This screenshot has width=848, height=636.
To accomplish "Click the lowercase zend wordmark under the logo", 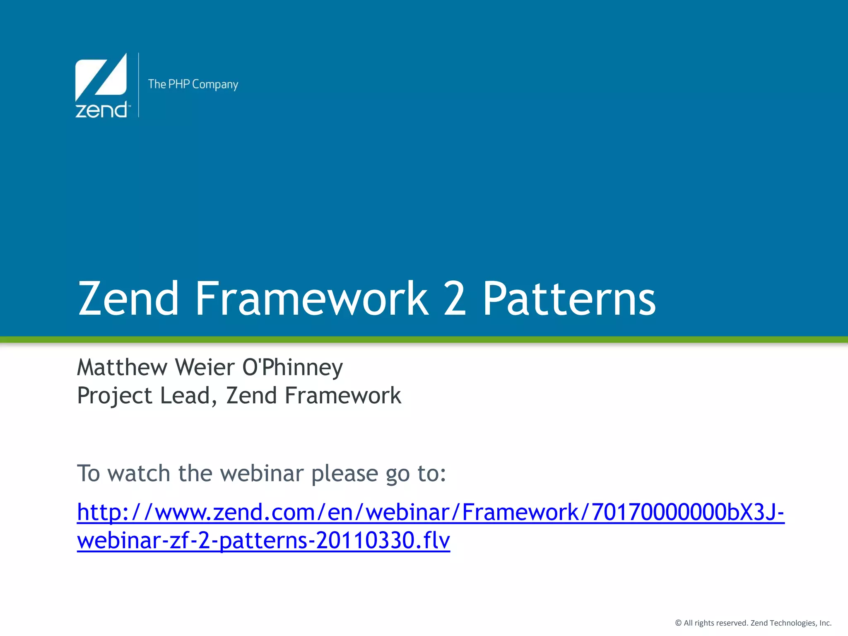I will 101,110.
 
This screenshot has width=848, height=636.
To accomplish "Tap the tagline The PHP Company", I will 193,84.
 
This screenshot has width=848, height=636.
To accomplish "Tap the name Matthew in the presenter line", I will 122,368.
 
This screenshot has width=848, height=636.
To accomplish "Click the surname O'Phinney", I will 292,368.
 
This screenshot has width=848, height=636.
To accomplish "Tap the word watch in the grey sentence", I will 139,473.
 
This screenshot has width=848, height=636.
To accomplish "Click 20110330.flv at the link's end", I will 383,541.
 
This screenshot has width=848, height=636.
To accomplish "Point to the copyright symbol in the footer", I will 678,623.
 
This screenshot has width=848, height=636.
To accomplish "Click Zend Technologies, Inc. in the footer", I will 791,623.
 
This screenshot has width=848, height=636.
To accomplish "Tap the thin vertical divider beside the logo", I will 139,85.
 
